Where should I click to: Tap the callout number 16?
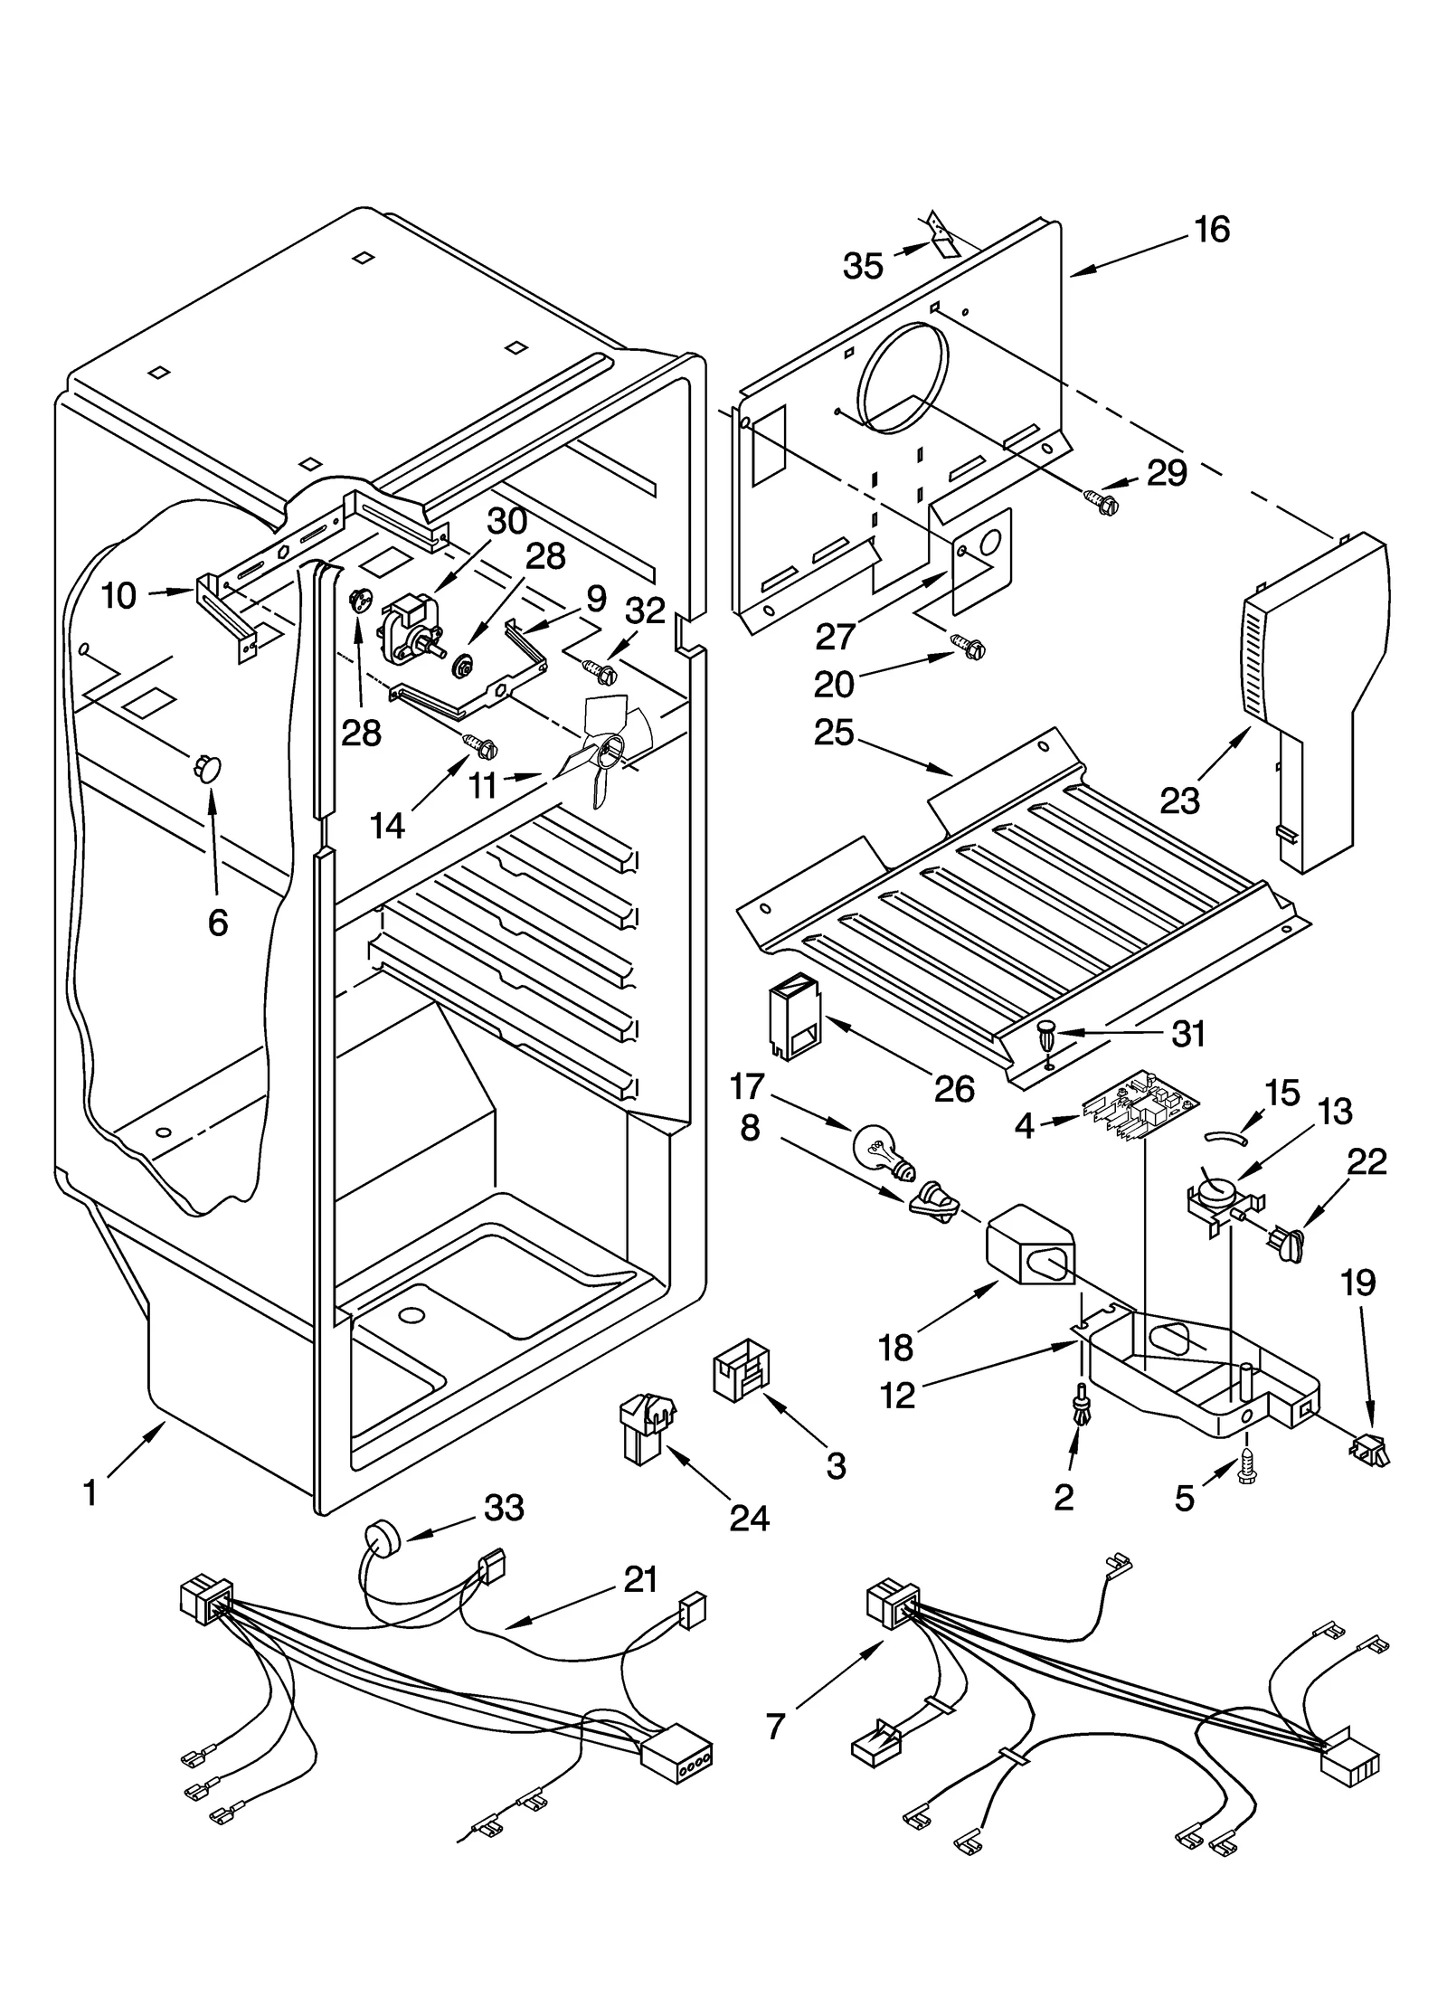(1212, 230)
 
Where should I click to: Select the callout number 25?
(834, 732)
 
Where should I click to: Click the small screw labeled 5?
(1247, 1474)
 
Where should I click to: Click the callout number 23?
(1179, 800)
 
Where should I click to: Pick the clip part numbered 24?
(647, 1426)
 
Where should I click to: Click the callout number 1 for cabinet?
(90, 1492)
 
